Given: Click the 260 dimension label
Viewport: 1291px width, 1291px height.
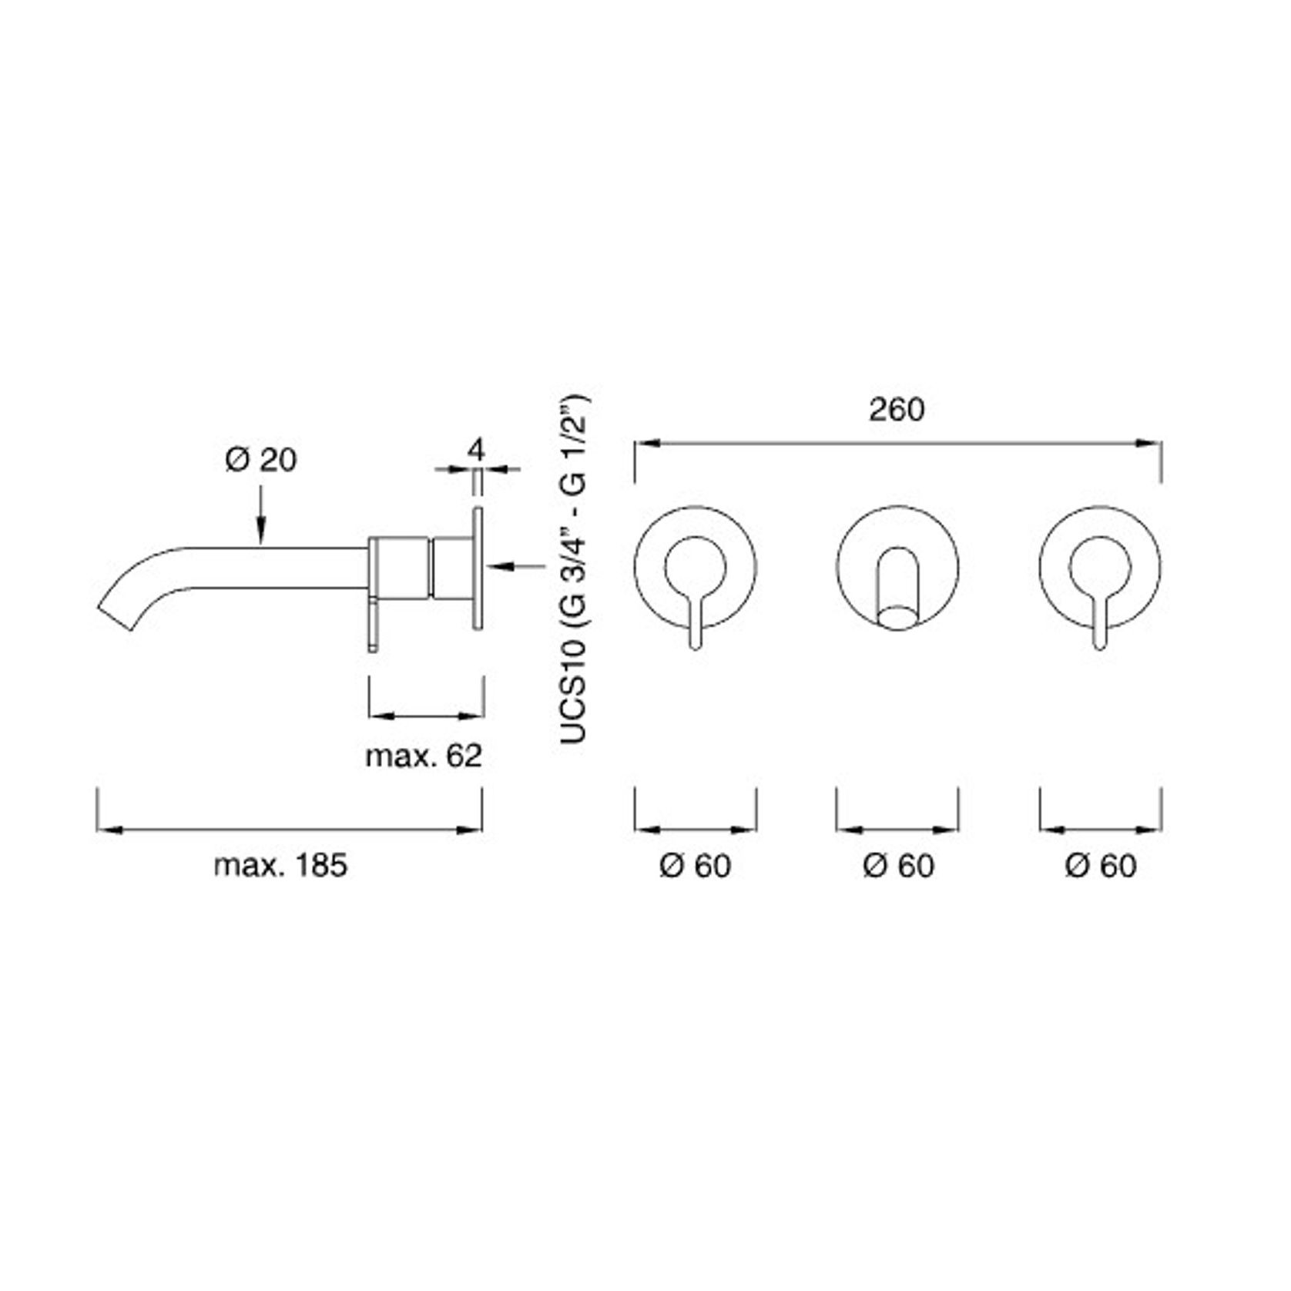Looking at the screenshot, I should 897,410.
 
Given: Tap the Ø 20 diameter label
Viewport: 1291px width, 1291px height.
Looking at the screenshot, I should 260,461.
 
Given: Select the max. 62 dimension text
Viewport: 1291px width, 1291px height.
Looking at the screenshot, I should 424,756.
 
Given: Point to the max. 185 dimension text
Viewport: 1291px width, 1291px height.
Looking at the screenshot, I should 280,865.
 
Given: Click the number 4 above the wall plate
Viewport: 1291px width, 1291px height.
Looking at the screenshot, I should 477,450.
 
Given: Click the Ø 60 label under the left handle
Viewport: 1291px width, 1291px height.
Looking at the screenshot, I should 695,866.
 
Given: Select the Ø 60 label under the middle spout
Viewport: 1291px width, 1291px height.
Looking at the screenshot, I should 898,866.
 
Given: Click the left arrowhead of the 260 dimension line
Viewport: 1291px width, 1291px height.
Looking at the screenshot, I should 644,443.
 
